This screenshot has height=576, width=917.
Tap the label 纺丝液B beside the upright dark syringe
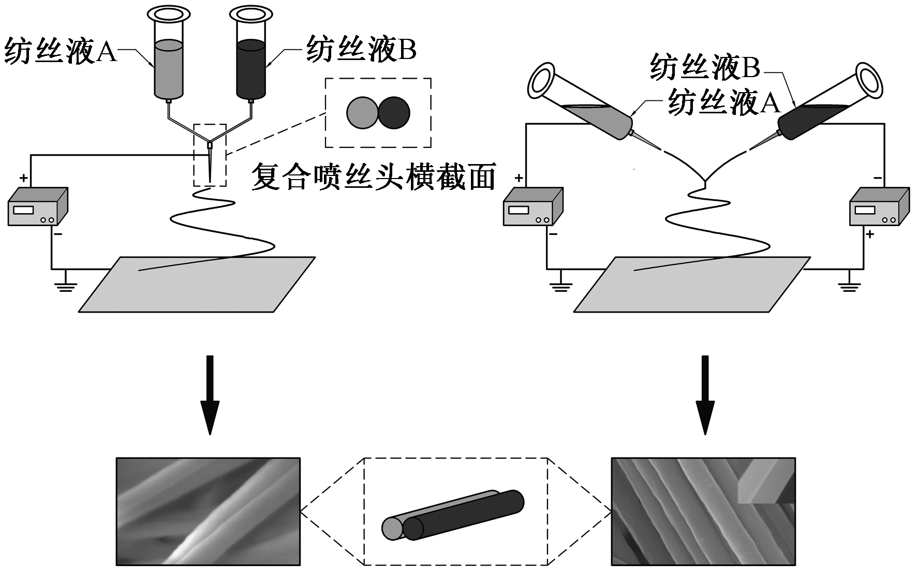[361, 50]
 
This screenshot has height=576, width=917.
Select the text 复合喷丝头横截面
[374, 177]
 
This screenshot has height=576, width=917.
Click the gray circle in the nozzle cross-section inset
[362, 113]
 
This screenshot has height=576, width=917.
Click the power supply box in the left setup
[36, 207]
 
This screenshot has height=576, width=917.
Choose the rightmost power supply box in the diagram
[878, 207]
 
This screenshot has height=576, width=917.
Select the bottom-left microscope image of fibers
[208, 511]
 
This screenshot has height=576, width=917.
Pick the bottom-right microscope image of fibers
[703, 511]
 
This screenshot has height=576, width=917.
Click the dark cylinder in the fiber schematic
[466, 515]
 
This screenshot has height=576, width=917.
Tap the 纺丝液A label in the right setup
[723, 102]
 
